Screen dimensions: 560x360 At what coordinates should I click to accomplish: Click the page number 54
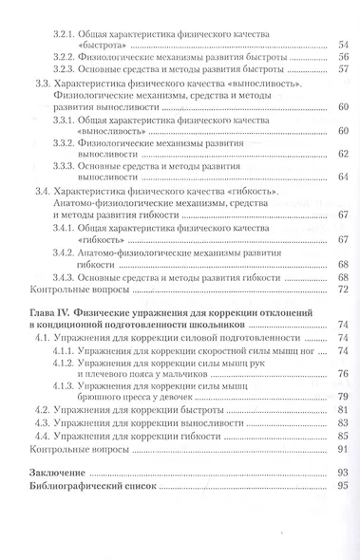point(343,45)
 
